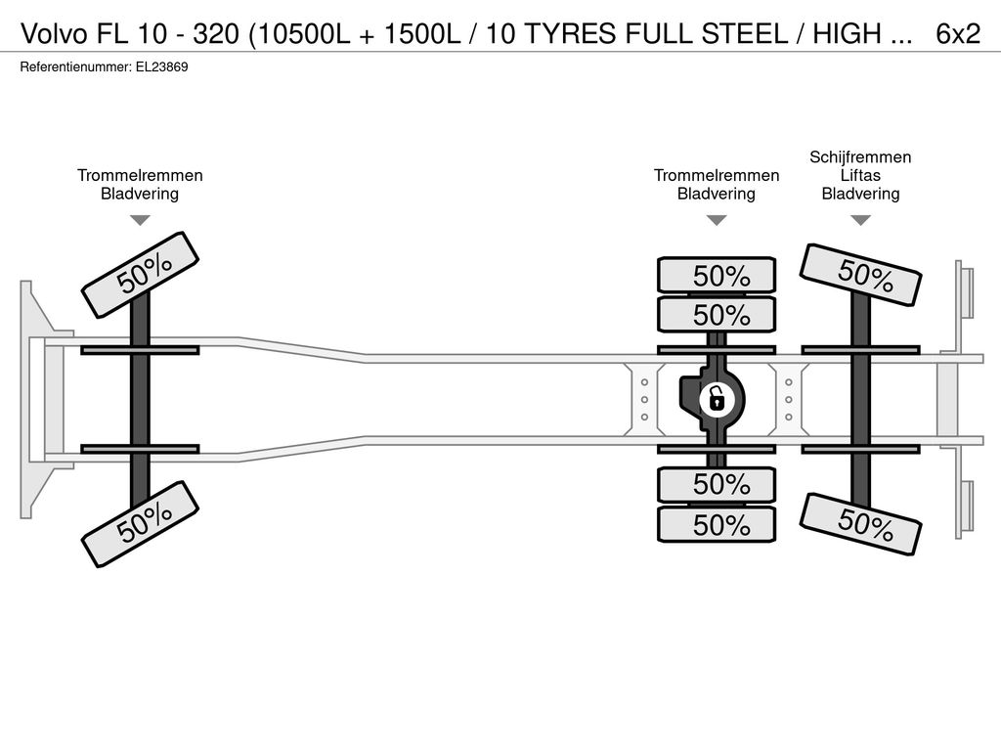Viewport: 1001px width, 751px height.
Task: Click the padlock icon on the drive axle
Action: coord(717,400)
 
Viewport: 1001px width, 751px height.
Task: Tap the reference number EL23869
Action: coord(161,67)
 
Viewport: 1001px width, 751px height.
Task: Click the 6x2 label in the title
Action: coord(958,33)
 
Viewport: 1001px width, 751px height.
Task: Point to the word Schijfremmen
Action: coord(860,157)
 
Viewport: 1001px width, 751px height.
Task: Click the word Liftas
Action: coord(860,175)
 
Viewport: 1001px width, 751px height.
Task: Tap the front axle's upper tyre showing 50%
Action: coord(140,275)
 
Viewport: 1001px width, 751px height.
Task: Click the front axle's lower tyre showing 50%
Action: coord(140,524)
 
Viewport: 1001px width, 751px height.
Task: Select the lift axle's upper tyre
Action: coord(860,275)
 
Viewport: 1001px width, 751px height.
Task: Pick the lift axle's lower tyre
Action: coord(860,524)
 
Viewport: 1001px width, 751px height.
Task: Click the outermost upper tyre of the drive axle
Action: coord(717,275)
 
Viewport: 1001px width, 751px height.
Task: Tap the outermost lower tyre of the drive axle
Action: coord(717,525)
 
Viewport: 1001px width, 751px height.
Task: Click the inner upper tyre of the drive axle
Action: coord(717,314)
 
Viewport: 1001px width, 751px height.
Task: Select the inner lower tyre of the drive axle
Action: coord(717,485)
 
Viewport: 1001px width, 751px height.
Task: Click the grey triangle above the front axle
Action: coord(140,220)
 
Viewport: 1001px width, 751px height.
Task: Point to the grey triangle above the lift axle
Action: coord(860,220)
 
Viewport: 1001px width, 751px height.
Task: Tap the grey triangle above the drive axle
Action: coord(717,220)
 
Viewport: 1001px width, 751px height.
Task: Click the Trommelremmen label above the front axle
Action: coord(140,176)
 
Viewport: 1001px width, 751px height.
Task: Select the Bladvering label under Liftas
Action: coord(860,194)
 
